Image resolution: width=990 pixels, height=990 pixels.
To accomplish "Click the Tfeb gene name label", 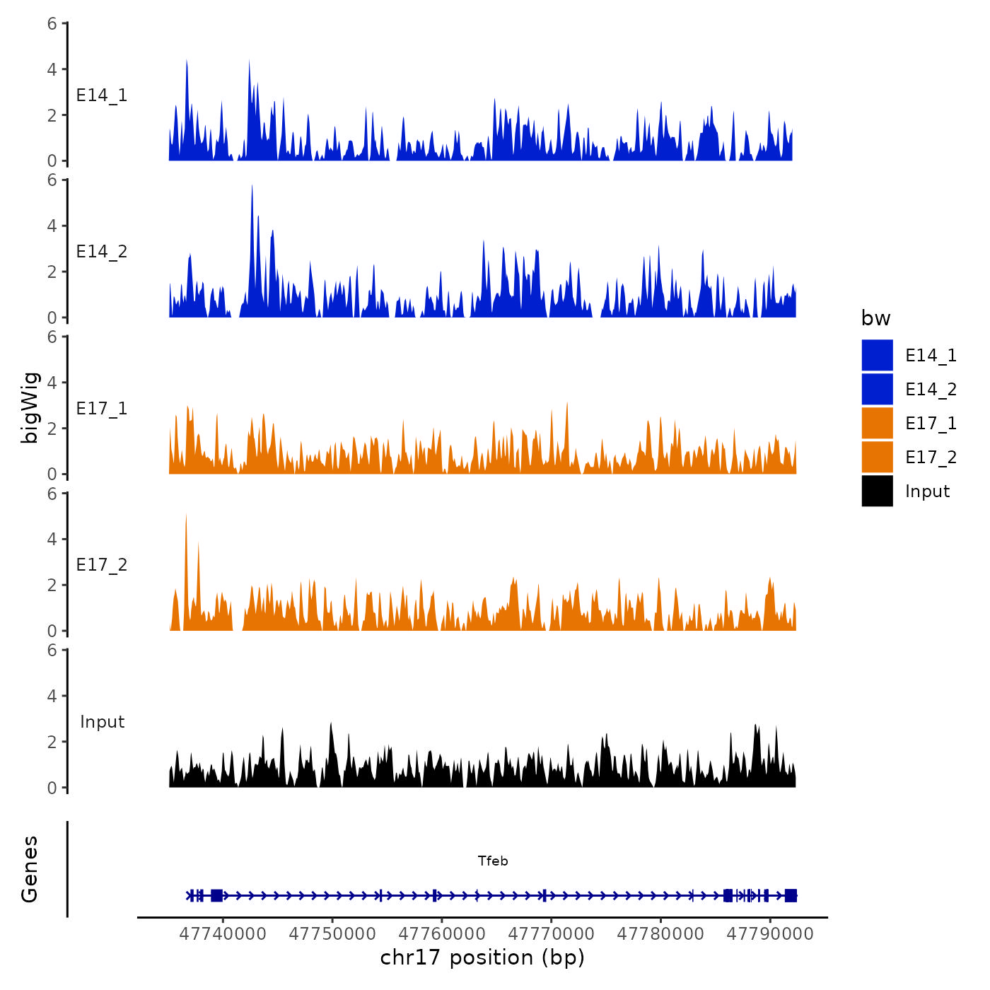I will click(493, 861).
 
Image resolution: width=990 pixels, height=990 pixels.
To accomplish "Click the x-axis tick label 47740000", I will click(223, 933).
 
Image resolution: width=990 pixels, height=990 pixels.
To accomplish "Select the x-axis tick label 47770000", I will click(552, 933).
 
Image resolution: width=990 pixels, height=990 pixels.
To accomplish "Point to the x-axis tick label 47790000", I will click(770, 933).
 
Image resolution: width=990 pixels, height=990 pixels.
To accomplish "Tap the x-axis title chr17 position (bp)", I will click(482, 957).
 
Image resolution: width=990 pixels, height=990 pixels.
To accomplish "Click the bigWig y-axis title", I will click(30, 407).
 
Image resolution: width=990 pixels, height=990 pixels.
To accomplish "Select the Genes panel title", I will click(30, 869).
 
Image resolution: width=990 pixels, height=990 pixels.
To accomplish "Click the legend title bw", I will click(875, 318).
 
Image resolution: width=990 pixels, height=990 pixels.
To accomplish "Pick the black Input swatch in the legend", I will click(877, 491).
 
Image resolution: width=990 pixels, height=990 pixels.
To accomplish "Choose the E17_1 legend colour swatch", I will click(877, 423).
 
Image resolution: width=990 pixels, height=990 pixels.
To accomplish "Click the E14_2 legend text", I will click(931, 390).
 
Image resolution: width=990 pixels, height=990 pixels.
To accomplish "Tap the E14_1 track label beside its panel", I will click(102, 95).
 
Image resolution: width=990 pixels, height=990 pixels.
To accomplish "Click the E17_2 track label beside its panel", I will click(102, 565).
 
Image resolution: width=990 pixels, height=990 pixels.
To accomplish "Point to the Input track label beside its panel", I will click(102, 722).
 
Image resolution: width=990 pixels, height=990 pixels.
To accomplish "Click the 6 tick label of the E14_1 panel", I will click(52, 23).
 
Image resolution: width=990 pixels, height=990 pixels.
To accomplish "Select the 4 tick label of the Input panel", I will click(52, 696).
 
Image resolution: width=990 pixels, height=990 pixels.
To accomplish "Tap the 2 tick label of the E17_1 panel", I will click(52, 429).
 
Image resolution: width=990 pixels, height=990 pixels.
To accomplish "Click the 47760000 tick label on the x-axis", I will click(442, 933).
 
